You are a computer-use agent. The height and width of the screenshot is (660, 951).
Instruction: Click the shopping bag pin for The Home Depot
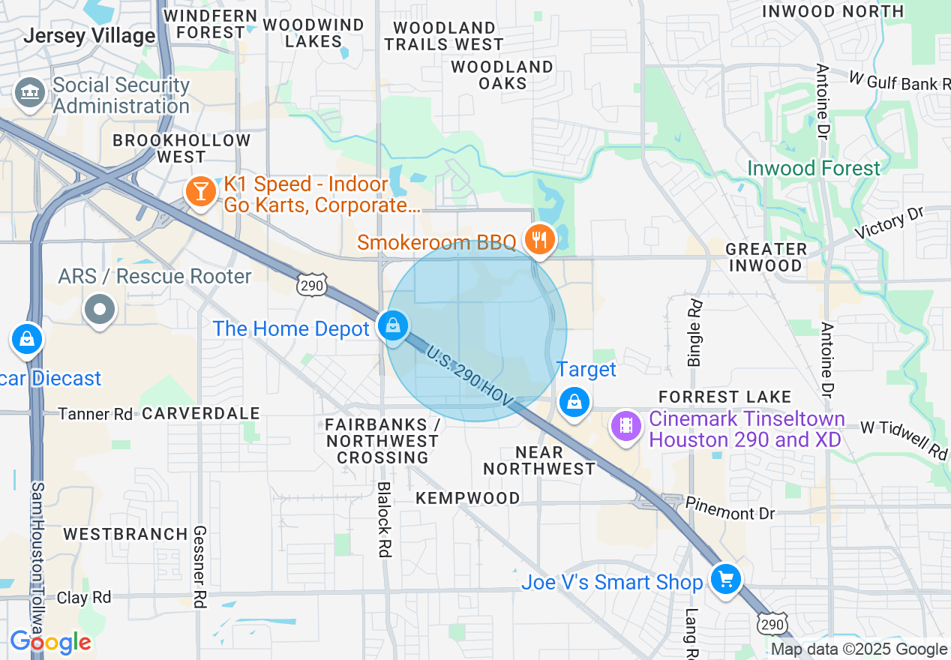392,326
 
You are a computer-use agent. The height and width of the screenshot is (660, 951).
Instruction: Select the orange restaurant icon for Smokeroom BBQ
538,240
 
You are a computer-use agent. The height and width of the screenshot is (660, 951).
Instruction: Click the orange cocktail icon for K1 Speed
200,192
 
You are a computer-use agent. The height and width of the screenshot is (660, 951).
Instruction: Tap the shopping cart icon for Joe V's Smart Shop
725,580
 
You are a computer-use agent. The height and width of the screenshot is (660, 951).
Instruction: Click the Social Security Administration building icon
30,93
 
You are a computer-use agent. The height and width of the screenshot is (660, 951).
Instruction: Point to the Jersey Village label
89,35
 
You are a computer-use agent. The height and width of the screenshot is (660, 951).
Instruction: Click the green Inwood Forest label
813,168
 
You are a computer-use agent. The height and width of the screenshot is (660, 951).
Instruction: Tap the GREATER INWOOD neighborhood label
766,257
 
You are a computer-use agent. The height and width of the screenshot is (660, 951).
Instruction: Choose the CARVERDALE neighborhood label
201,413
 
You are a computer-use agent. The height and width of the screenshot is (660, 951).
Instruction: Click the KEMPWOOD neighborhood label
468,498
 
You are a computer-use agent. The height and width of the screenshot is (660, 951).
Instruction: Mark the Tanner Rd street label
95,414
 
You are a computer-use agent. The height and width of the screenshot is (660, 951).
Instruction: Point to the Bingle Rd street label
695,333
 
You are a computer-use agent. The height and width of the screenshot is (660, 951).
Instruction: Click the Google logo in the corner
50,642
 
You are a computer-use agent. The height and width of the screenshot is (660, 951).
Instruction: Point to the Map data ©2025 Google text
859,649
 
